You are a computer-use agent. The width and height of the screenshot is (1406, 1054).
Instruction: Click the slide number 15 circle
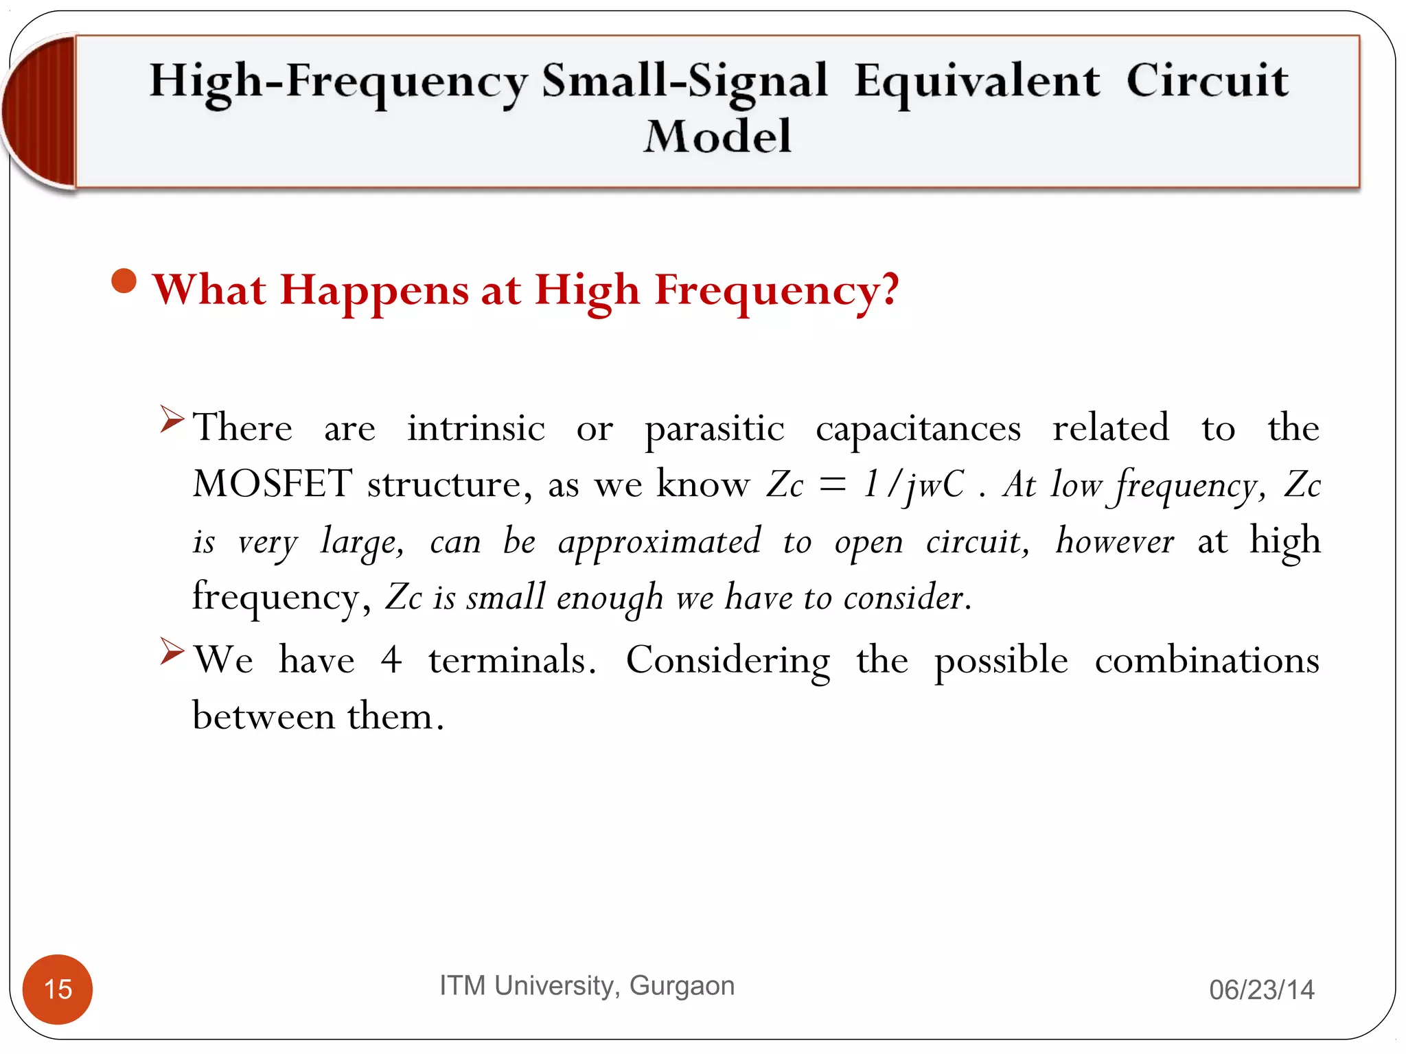pyautogui.click(x=58, y=989)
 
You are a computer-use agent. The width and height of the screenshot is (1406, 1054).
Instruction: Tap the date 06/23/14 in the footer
pyautogui.click(x=1261, y=989)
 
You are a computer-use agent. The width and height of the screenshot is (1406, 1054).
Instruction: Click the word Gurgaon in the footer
pyautogui.click(x=682, y=985)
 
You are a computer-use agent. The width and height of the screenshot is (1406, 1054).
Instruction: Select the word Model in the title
pyautogui.click(x=717, y=136)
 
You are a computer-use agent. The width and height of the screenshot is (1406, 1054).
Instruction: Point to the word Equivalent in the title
pyautogui.click(x=976, y=81)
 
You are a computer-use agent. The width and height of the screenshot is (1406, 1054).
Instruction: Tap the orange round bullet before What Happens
pyautogui.click(x=124, y=281)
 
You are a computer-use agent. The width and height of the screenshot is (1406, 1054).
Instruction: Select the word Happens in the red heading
pyautogui.click(x=375, y=291)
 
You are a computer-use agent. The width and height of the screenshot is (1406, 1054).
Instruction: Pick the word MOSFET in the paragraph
pyautogui.click(x=273, y=484)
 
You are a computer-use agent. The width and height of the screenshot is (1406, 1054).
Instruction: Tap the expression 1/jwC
pyautogui.click(x=913, y=484)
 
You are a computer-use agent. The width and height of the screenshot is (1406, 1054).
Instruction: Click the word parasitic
pyautogui.click(x=714, y=430)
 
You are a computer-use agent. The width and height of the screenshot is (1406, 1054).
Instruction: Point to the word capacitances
pyautogui.click(x=918, y=430)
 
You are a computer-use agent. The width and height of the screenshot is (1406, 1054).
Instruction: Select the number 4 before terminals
pyautogui.click(x=391, y=660)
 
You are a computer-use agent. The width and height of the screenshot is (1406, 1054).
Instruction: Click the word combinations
pyautogui.click(x=1206, y=660)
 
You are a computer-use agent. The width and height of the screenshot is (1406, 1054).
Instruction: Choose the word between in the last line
pyautogui.click(x=264, y=716)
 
